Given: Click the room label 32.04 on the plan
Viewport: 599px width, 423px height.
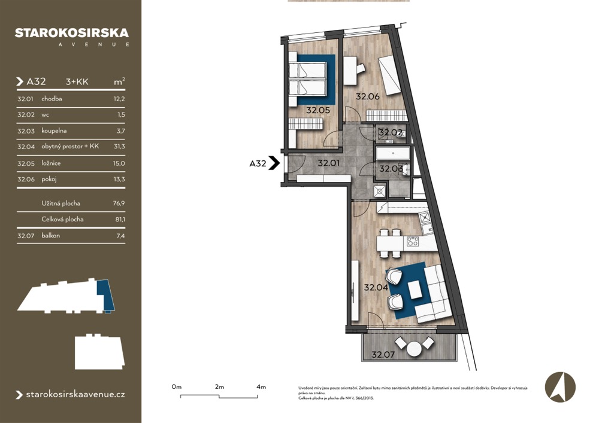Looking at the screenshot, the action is point(376,287).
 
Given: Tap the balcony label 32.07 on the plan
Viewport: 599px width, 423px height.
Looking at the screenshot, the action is point(383,355).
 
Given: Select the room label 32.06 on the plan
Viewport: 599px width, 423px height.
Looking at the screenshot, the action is point(368,96).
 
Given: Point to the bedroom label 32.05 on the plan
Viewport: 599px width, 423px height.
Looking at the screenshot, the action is point(318,110).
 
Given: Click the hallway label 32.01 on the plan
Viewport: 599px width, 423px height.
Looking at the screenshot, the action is point(328,163).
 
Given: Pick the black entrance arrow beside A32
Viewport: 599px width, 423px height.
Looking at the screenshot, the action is point(274,163).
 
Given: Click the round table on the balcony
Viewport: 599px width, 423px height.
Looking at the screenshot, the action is point(414,348).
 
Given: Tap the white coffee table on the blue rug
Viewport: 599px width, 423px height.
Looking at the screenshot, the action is point(415,290).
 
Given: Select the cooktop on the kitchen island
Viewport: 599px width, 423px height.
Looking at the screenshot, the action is point(413,241).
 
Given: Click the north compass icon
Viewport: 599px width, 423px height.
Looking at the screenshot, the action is point(560,387).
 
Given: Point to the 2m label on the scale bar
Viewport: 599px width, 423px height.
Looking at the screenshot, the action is point(219,387).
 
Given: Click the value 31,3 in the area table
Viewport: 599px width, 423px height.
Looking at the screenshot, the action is point(119,147).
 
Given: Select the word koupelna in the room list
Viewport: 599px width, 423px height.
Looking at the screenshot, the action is point(54,131).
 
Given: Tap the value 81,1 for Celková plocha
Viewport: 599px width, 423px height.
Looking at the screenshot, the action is point(120,220).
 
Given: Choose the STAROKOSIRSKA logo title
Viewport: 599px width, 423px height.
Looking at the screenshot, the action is point(72,33).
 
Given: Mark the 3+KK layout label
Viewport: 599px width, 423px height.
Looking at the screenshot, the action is point(77,81).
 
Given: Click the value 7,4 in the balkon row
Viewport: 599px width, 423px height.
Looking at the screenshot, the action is point(121,236).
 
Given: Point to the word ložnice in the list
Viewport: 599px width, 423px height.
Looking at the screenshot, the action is point(51,163).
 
